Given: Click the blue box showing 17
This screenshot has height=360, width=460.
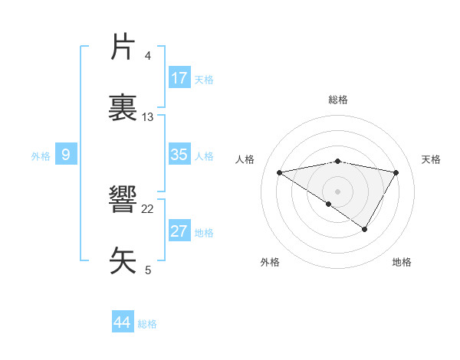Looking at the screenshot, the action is tap(179, 78).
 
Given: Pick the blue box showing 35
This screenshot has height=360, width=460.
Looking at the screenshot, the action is tap(179, 155).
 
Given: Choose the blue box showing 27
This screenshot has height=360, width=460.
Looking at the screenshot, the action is tap(179, 231).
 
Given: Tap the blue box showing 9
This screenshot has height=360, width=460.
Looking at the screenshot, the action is tap(66, 155).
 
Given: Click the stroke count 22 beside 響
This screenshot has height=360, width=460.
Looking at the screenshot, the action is tap(148, 209).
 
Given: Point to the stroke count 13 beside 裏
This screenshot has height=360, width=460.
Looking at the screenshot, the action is tap(148, 117).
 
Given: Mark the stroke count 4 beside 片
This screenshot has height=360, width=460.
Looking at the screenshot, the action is tap(148, 56).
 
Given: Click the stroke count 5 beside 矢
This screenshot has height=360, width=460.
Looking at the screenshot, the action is tap(148, 270).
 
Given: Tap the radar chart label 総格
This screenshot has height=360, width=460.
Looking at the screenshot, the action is tap(337, 100).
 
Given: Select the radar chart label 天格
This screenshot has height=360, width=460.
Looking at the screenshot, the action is tap(431, 159).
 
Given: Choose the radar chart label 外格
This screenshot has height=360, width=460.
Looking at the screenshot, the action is tap(270, 262).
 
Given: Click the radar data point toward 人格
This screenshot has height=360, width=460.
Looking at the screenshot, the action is tap(279, 172).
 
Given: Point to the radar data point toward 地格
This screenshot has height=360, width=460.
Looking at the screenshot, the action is tap(365, 229).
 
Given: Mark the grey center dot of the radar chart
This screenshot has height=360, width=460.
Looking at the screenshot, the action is tap(337, 191).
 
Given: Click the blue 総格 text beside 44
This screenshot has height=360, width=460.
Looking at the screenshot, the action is tap(147, 324).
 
